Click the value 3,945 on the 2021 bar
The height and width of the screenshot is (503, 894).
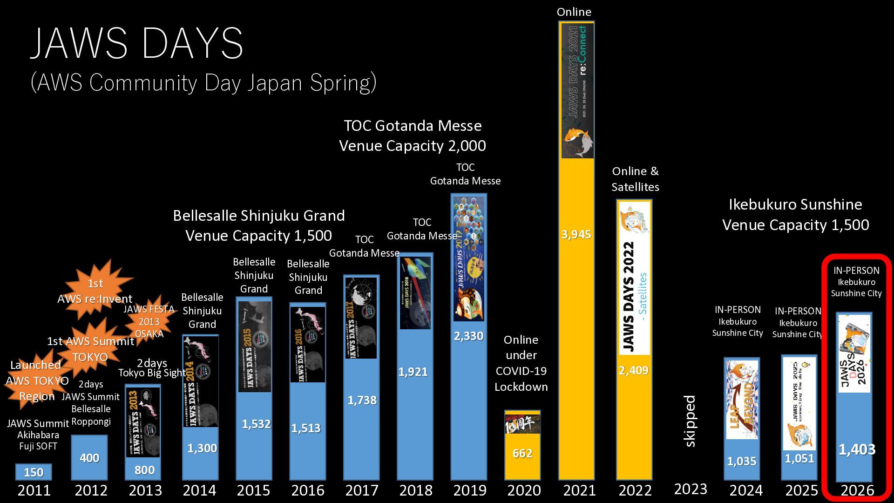coord(576,234)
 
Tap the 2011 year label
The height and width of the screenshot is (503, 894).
coord(34,490)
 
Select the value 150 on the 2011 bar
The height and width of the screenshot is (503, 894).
coord(34,472)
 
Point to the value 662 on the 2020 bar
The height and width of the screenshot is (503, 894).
coord(522,453)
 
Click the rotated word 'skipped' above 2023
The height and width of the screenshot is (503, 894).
coord(690,421)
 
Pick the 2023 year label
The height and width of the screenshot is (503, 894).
coord(691,489)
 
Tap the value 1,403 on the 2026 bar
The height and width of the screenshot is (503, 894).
coord(857,449)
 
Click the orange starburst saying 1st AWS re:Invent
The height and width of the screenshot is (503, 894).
coord(95,290)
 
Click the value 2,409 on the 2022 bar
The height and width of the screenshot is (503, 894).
coord(633,370)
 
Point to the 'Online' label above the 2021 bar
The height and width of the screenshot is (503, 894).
coord(574,12)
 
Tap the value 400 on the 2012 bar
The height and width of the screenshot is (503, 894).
coord(89,458)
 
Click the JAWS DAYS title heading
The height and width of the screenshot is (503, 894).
coord(137,43)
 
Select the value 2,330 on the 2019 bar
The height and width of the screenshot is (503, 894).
coord(468,336)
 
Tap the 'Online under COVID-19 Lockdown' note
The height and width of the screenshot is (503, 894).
coord(521,363)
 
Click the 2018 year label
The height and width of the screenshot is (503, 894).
coord(416,490)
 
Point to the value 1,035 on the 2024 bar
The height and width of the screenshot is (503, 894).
coord(741,461)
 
